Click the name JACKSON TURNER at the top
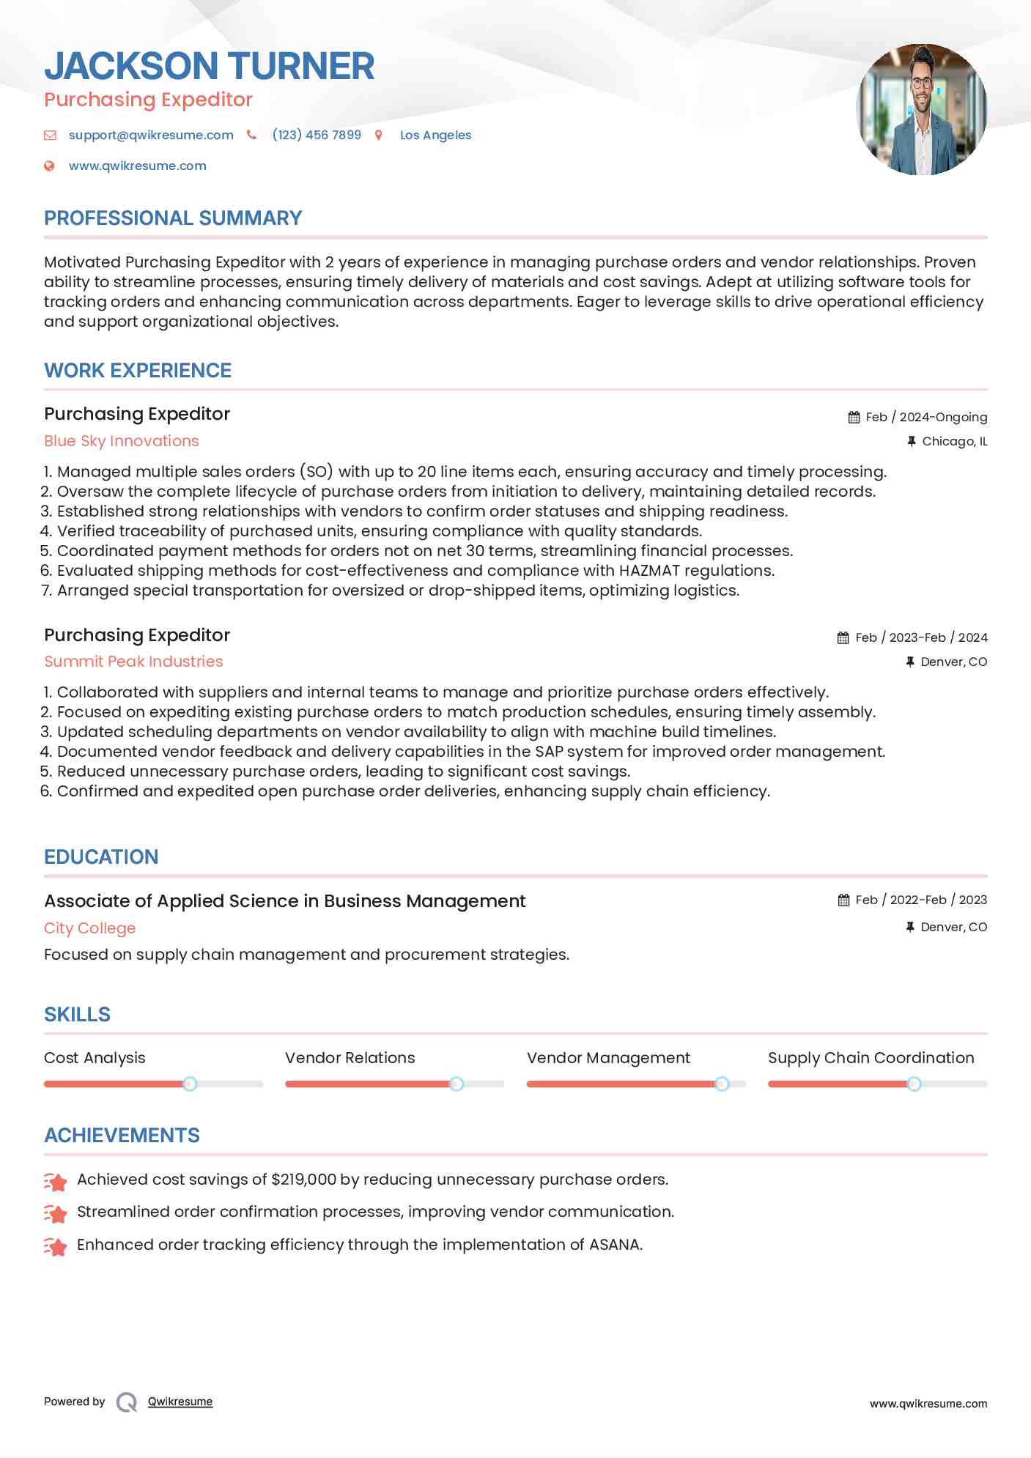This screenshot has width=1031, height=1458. [209, 66]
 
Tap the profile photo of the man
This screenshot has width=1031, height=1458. [921, 109]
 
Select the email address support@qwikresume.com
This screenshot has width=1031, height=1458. [151, 135]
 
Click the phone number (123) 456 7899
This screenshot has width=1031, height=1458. [317, 135]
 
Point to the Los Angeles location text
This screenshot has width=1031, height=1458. [435, 135]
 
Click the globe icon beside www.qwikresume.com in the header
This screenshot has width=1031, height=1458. [49, 166]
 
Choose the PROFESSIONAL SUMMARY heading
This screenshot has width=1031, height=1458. [173, 218]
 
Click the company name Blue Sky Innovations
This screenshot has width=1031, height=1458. [122, 441]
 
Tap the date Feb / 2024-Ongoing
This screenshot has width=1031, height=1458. [926, 417]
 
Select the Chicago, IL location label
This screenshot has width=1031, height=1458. [954, 441]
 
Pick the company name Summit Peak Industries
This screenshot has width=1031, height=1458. [133, 662]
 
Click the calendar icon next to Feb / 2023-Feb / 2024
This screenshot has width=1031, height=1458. [843, 637]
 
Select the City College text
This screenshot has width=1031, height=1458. [89, 928]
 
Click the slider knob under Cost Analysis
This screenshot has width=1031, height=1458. [190, 1084]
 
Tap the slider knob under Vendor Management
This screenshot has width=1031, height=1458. [722, 1084]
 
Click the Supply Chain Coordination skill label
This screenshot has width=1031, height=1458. [871, 1058]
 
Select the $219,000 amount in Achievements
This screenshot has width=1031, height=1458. [303, 1180]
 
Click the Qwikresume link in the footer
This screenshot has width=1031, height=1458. [180, 1402]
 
